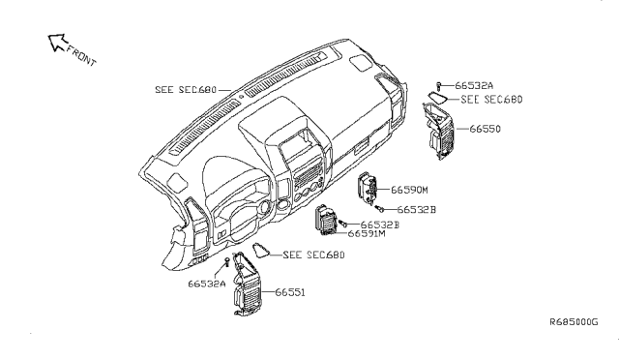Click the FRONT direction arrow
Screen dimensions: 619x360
click(x=57, y=43)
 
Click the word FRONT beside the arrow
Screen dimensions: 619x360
click(x=81, y=56)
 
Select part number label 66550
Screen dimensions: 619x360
click(x=486, y=129)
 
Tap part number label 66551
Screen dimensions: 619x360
click(x=290, y=292)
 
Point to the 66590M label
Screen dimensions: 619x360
click(x=409, y=190)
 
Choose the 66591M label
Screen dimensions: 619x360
click(x=367, y=234)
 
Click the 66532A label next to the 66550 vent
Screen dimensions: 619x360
click(x=474, y=85)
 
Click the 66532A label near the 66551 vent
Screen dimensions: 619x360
click(x=207, y=284)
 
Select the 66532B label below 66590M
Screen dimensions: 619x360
click(x=417, y=209)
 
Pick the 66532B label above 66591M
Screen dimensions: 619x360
click(x=380, y=225)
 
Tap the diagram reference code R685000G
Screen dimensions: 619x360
click(x=574, y=321)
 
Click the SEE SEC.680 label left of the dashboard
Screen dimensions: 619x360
click(x=186, y=90)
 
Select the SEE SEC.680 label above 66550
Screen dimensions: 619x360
click(x=492, y=99)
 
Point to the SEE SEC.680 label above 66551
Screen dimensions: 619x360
click(x=313, y=255)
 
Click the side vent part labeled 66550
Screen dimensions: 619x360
click(x=438, y=131)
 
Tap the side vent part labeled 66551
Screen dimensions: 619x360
click(x=247, y=284)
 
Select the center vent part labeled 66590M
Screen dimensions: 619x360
click(x=368, y=189)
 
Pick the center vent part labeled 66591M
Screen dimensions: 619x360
click(x=326, y=220)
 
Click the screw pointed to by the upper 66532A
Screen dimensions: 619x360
click(x=438, y=86)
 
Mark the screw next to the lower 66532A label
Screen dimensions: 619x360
click(x=227, y=261)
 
